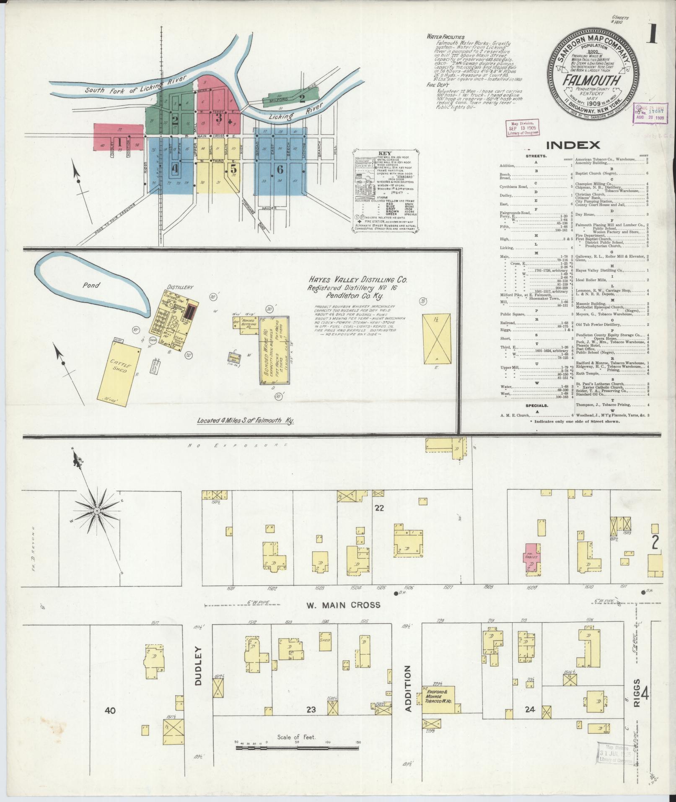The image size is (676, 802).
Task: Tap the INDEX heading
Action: point(572,145)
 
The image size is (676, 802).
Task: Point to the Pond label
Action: point(91,285)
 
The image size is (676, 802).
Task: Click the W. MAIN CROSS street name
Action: point(343,605)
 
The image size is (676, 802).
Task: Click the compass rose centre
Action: point(97,511)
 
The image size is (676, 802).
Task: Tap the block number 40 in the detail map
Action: point(110,710)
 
